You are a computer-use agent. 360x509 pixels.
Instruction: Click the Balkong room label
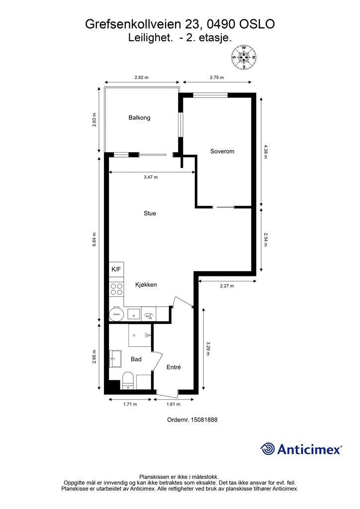click(139, 117)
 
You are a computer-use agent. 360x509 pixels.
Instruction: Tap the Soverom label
click(222, 151)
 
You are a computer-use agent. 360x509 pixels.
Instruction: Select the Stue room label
click(150, 213)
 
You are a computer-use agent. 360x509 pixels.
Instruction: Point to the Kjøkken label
click(146, 285)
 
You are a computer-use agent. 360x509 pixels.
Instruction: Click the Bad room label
click(136, 359)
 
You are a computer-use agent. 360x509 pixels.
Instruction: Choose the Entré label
click(174, 367)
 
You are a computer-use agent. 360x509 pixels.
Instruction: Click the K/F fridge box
click(116, 269)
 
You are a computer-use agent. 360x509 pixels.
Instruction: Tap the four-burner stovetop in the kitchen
click(116, 289)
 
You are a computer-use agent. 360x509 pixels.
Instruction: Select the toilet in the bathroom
click(128, 380)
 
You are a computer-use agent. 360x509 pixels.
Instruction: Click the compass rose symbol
click(244, 58)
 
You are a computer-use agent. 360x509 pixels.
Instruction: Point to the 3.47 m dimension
click(151, 177)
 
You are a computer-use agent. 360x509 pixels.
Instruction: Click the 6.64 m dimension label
click(94, 239)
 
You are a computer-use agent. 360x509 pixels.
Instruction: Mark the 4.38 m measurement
click(265, 151)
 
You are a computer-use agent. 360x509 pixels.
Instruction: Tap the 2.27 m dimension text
click(227, 286)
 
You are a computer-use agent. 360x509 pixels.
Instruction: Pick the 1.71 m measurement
click(130, 404)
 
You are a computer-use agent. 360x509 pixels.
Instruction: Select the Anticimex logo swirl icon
click(268, 449)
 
